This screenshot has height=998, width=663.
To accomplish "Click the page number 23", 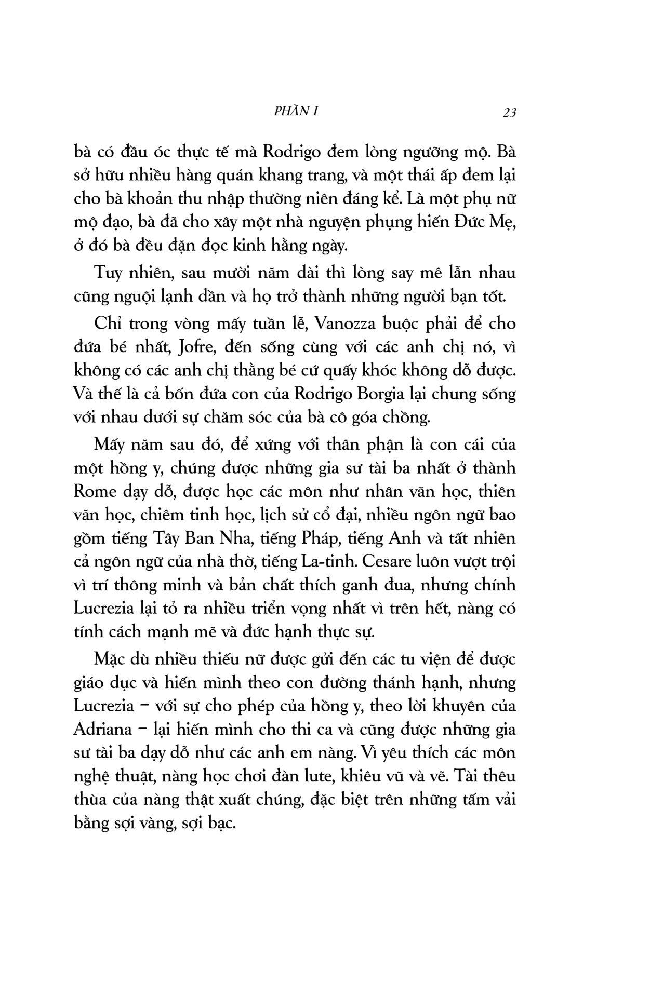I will click(509, 112).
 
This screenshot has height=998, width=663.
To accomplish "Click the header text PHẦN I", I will click(295, 111).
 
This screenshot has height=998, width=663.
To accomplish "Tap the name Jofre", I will click(197, 347).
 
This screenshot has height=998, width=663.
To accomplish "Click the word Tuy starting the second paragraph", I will click(109, 273).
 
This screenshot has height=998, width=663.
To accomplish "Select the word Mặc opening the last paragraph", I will click(109, 659).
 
